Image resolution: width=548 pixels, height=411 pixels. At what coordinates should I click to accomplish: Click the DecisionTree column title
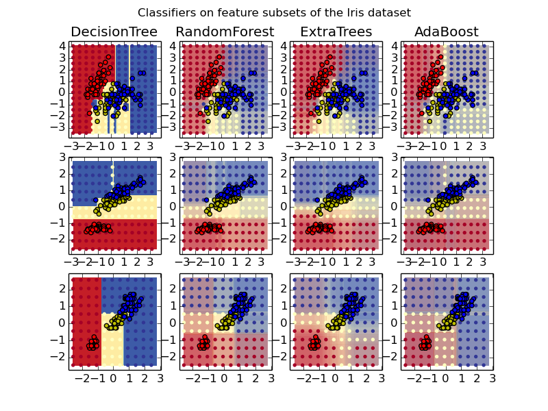pos(114,32)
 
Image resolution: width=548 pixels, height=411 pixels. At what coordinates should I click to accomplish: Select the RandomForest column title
pos(225,32)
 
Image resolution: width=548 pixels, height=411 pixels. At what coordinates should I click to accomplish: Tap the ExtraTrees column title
pos(336,32)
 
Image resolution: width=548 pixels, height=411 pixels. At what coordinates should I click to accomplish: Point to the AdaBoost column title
pos(446,32)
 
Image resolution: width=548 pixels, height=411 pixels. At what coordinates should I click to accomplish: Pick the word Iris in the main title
pos(345,13)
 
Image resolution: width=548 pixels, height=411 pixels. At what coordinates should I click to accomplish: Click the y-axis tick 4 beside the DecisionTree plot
pos(62,46)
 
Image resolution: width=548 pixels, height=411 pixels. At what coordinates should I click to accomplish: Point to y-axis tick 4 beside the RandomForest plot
pos(173,46)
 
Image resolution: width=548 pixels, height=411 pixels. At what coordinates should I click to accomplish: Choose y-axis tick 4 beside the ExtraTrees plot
pos(283,46)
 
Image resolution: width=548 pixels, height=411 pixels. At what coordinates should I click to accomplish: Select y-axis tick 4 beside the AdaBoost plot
pos(393,46)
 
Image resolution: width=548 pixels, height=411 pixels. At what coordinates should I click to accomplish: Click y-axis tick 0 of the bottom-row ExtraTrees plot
pos(283,323)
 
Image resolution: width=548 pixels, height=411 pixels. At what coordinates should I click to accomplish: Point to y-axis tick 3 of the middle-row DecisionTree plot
pos(62,157)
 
